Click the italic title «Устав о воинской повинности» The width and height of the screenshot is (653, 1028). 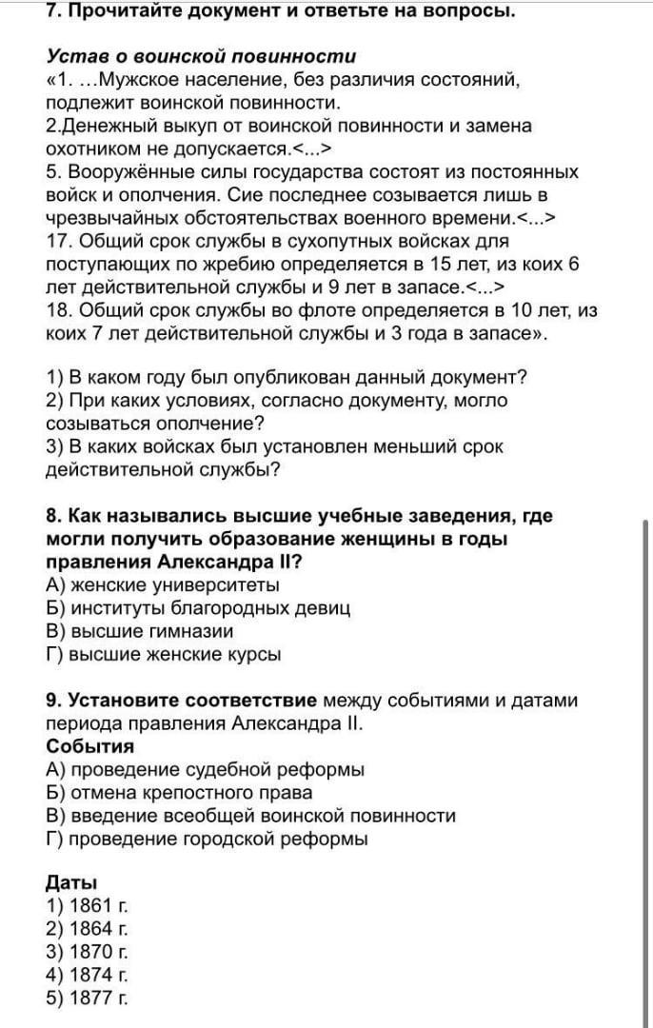(x=201, y=56)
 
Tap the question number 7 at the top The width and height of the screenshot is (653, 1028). (x=52, y=11)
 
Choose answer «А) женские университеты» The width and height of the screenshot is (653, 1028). (x=163, y=584)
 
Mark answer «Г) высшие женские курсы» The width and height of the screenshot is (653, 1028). (x=163, y=654)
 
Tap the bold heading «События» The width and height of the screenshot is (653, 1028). (x=89, y=746)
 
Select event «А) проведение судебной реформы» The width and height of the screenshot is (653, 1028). (x=205, y=769)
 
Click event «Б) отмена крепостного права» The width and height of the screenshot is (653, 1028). (x=179, y=792)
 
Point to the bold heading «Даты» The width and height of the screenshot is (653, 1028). (x=71, y=881)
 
